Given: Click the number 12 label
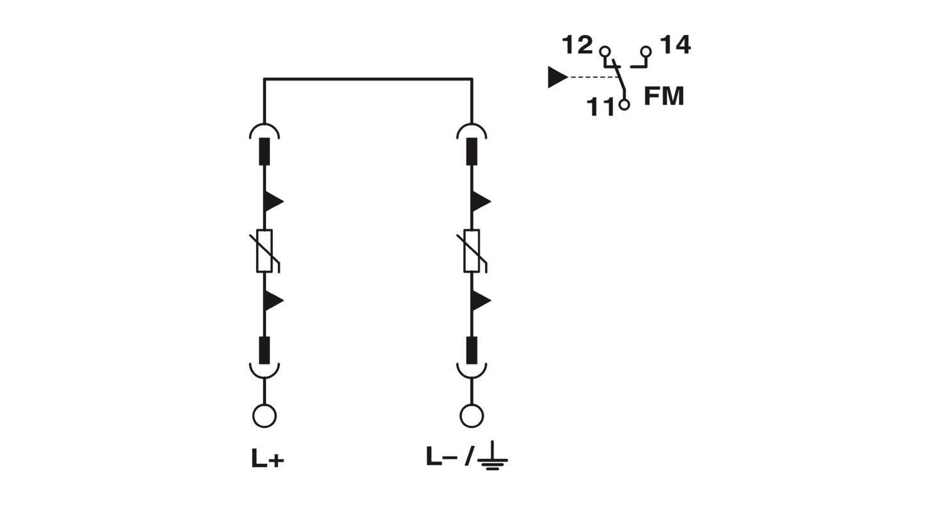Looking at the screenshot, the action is [577, 45].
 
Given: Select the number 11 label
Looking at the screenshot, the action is [601, 107].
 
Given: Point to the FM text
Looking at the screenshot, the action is [664, 96].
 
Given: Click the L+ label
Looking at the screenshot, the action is [268, 458].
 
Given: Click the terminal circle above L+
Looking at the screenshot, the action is [264, 416].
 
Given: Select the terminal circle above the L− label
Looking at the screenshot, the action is [472, 416].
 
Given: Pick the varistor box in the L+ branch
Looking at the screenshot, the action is [264, 251].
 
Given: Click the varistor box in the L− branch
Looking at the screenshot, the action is [472, 251].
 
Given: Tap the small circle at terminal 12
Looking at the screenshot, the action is [605, 51].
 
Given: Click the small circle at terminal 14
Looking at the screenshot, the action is [646, 51].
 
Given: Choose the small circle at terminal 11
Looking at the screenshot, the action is [624, 105].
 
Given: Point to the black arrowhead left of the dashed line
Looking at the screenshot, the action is [558, 77].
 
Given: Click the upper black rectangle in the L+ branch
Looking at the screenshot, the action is [264, 152].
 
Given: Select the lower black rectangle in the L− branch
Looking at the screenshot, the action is [472, 350].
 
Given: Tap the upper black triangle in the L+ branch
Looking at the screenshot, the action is [273, 202].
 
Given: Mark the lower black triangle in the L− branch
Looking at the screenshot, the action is [481, 300].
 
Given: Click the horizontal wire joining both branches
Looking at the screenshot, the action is [368, 78].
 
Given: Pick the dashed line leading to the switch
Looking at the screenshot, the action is [593, 77].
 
